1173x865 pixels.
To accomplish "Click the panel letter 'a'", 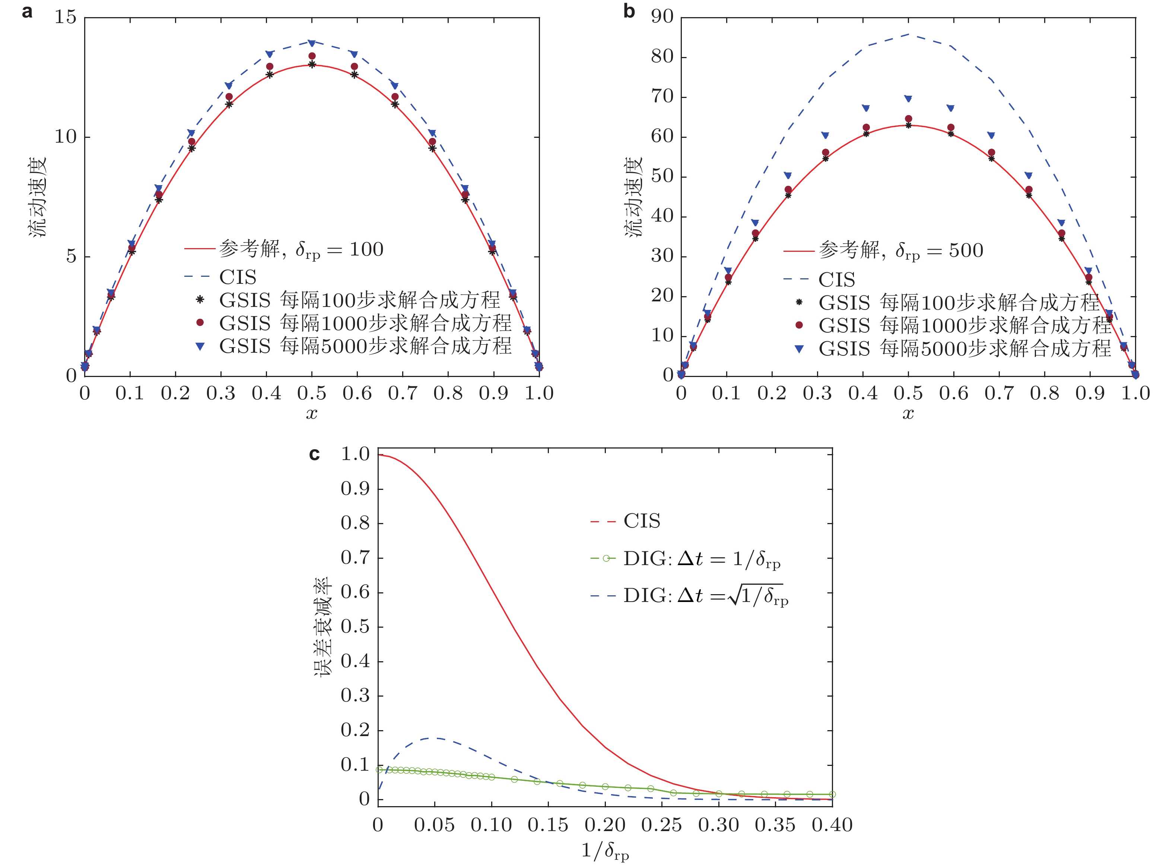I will click(x=27, y=12).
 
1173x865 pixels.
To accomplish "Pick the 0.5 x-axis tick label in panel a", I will click(x=312, y=393).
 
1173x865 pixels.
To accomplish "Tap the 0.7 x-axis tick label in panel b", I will click(x=999, y=393).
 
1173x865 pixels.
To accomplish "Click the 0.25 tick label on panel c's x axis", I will click(x=662, y=825).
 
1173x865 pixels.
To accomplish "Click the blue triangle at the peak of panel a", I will click(x=312, y=43).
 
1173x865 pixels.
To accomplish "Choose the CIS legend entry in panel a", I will click(x=238, y=277).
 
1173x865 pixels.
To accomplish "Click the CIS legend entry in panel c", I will click(x=642, y=521).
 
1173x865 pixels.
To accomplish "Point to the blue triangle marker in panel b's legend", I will click(x=799, y=349).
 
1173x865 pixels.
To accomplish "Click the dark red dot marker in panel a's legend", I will click(x=200, y=323).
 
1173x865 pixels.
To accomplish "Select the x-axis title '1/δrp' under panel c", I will click(x=605, y=850).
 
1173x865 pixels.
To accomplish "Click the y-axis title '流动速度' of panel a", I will click(x=38, y=196).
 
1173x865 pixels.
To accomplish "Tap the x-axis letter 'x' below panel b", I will click(x=908, y=414).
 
